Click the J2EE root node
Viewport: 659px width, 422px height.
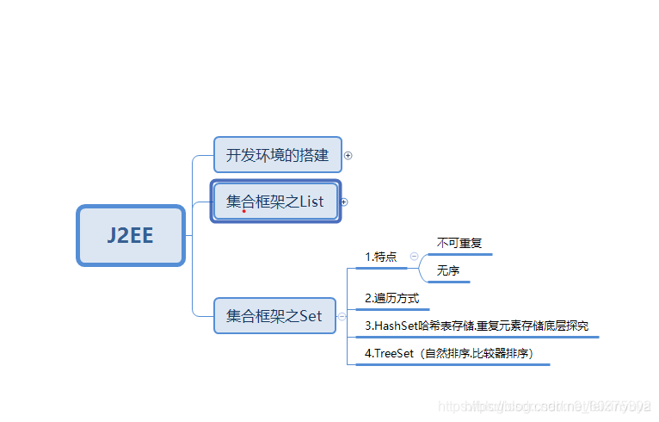[x=131, y=235]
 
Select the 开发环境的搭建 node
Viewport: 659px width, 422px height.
[x=277, y=155]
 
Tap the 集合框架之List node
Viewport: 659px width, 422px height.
[x=275, y=202]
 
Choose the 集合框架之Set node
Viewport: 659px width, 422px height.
[x=274, y=316]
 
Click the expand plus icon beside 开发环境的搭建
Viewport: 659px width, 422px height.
[x=348, y=156]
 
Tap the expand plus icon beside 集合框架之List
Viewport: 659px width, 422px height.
[x=344, y=202]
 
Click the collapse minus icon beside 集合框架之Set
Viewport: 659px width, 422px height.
[x=342, y=316]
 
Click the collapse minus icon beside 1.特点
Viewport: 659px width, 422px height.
[x=415, y=256]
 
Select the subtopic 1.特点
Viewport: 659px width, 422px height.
[x=381, y=257]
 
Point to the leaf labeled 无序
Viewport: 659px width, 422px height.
[x=448, y=270]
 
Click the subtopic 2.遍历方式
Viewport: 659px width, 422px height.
[x=391, y=298]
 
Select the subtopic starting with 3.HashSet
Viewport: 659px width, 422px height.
[x=477, y=326]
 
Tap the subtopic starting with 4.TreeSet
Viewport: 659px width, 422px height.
[x=454, y=353]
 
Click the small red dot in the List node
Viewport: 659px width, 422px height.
[x=244, y=210]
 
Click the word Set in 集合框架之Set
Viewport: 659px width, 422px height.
[x=311, y=316]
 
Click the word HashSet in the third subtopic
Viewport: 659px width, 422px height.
[x=396, y=326]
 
